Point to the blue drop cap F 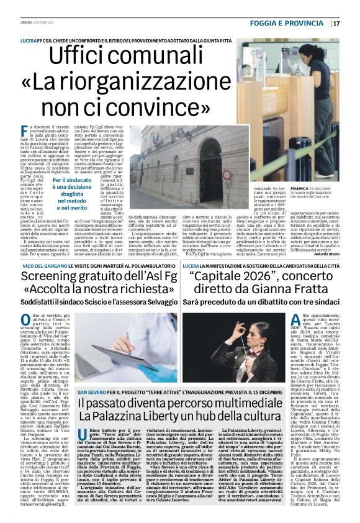25,132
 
